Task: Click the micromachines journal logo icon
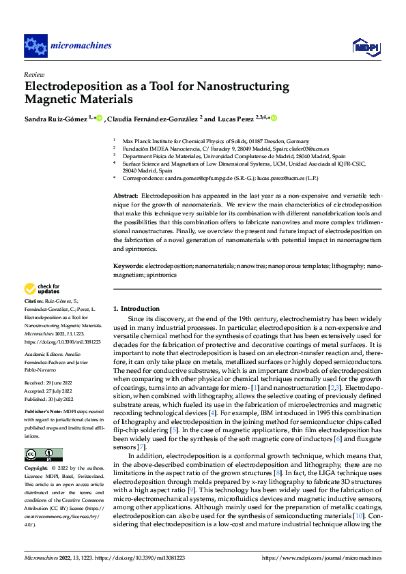[35, 46]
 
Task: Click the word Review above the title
[33, 74]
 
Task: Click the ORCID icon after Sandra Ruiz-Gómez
[99, 119]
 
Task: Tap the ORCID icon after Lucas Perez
[274, 119]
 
